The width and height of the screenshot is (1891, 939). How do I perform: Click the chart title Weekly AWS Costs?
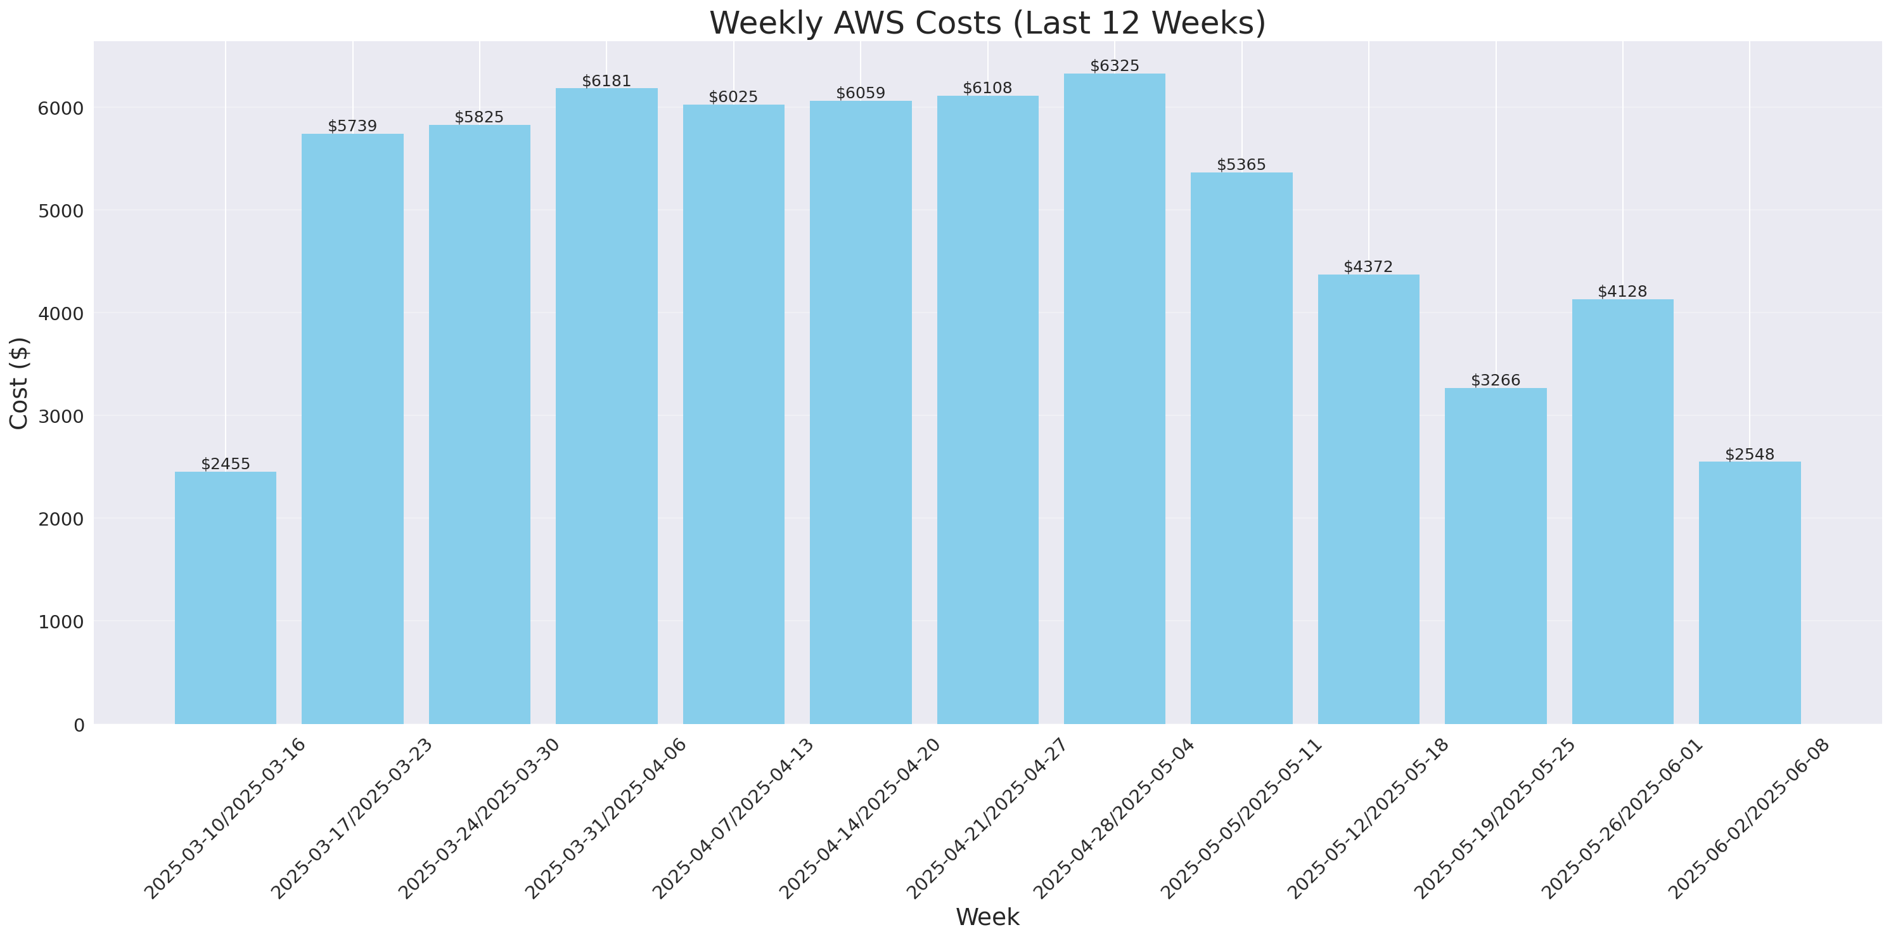[987, 23]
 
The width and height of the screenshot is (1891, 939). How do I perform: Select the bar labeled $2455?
[226, 598]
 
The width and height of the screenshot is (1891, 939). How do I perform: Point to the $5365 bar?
[1241, 448]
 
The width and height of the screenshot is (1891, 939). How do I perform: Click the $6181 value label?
[606, 81]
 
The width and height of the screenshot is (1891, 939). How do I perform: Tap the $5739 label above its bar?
[352, 126]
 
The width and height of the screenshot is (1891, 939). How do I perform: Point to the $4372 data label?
[1368, 266]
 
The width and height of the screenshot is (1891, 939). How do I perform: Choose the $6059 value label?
[861, 93]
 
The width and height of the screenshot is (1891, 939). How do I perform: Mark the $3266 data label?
[1496, 380]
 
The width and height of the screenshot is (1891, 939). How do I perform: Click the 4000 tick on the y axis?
[60, 313]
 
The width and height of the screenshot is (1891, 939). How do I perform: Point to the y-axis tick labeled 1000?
[60, 622]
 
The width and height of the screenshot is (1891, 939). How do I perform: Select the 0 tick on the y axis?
[79, 725]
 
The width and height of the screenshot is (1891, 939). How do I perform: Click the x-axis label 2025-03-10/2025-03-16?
[224, 819]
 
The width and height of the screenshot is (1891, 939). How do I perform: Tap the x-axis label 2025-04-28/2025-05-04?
[1114, 819]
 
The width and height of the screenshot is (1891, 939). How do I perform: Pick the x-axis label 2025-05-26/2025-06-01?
[1622, 819]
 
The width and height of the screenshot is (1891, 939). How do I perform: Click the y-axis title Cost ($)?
[18, 382]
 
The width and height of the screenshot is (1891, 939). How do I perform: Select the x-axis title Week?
[987, 917]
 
